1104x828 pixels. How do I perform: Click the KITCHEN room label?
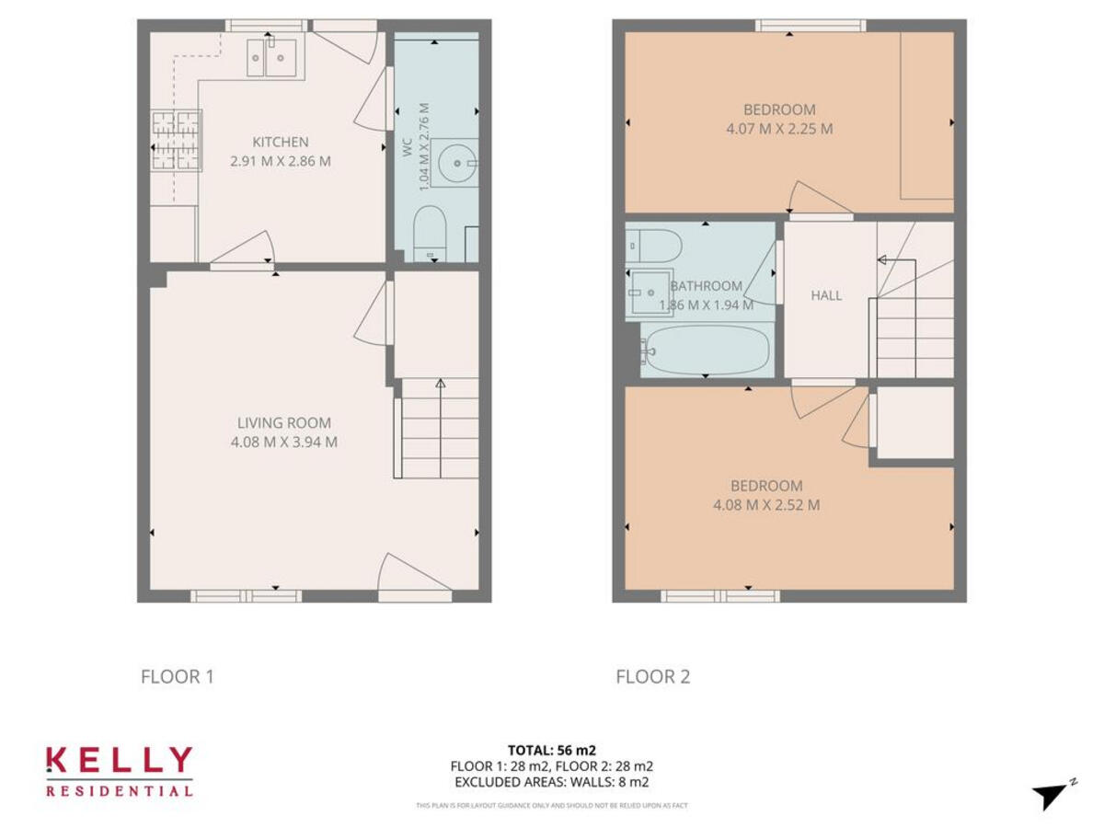(281, 142)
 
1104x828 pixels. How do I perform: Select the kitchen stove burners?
(175, 140)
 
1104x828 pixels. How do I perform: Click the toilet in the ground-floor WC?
(430, 233)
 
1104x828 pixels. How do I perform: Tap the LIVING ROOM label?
(284, 423)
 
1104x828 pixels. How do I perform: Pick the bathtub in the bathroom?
(707, 351)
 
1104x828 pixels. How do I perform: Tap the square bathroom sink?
(647, 293)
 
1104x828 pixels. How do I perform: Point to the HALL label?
(826, 295)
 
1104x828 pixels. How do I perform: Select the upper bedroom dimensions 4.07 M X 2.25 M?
(779, 129)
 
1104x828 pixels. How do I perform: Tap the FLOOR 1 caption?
(177, 677)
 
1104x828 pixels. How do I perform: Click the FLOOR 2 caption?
(652, 677)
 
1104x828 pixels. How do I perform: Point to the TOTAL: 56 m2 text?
(552, 750)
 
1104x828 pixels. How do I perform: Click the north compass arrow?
(1052, 795)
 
